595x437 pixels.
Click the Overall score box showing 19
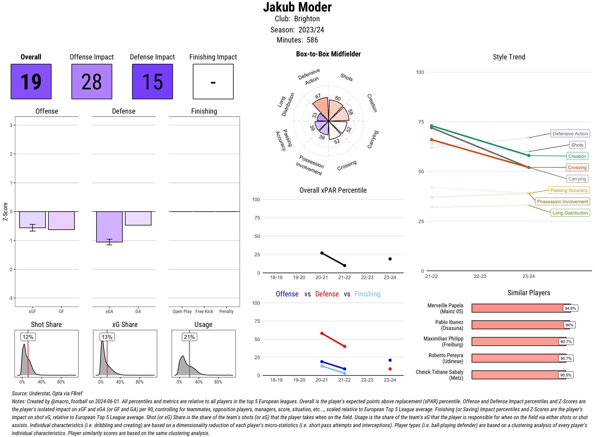[x=31, y=81]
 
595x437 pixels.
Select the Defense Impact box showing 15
[x=152, y=81]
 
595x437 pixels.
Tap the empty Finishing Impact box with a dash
[x=213, y=81]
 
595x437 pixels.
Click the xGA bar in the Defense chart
[x=109, y=226]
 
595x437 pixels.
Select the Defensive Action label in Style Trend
[x=570, y=134]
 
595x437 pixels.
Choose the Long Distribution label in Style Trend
[x=570, y=213]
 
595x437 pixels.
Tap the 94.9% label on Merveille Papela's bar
[x=570, y=308]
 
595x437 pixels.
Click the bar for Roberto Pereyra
[x=518, y=358]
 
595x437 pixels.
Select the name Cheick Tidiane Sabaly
[x=440, y=372]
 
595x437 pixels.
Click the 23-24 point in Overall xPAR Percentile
[x=390, y=259]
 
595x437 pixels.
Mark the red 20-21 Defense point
[x=322, y=333]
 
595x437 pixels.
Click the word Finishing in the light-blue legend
[x=367, y=294]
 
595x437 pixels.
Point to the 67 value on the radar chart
[x=318, y=96]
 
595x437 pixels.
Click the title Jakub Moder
[x=297, y=7]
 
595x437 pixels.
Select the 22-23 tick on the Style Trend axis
[x=480, y=276]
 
